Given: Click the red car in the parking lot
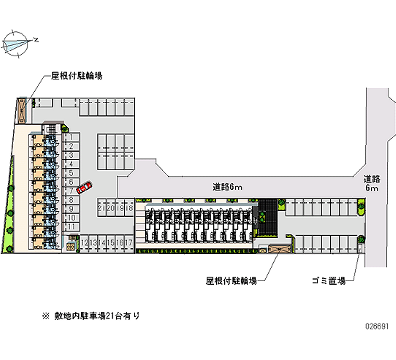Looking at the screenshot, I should click(85, 187).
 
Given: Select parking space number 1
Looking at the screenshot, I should click(71, 137).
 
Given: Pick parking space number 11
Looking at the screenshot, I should click(71, 226).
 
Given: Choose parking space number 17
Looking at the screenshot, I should click(129, 242).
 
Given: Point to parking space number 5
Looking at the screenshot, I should click(71, 173).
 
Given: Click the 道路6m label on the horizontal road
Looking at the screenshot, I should click(227, 187).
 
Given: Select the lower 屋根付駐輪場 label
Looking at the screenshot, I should click(231, 281).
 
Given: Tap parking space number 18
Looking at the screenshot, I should click(129, 207).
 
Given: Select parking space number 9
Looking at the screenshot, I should click(71, 208).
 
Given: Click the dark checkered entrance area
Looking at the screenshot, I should click(269, 217).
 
